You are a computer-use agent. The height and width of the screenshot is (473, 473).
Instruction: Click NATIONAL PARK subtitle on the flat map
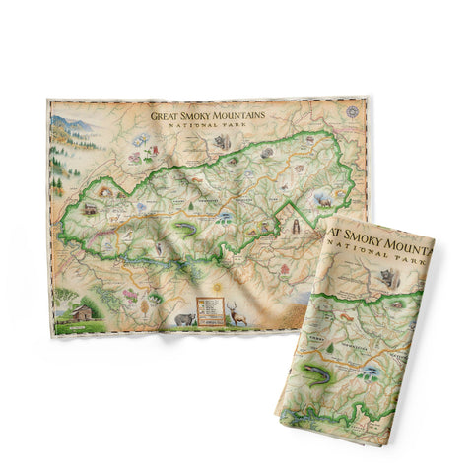pos(209,125)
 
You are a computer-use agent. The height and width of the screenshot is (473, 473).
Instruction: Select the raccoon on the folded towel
pos(396,279)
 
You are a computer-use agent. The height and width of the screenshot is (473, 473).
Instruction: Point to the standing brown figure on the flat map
pos(293,228)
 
